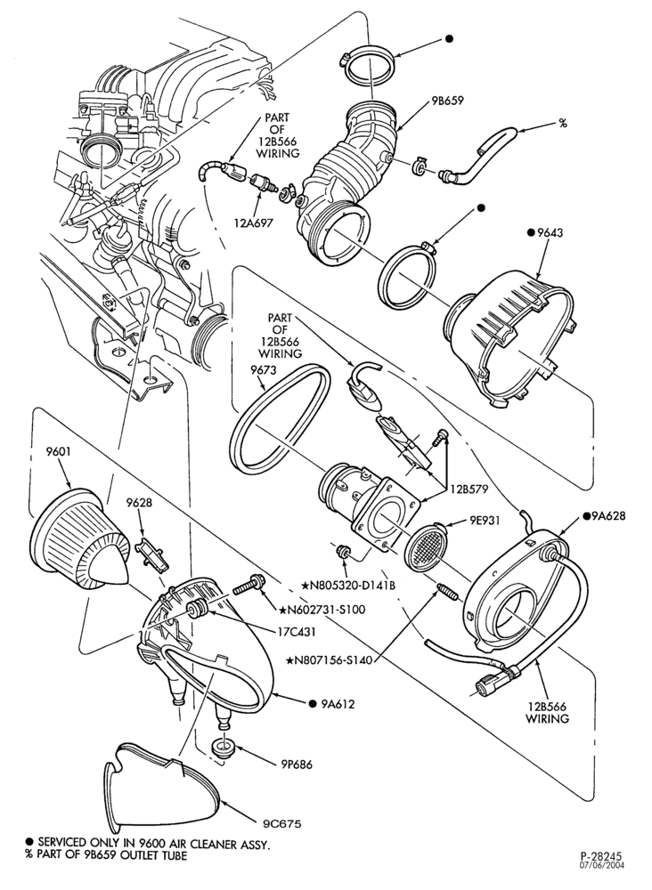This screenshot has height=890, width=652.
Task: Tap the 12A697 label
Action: pos(254,222)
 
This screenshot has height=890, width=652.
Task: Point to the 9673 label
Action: pos(261,370)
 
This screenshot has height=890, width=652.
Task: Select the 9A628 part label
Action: pos(607,516)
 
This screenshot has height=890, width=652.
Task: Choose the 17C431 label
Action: pos(297,631)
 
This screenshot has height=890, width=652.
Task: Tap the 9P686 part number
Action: pos(295,765)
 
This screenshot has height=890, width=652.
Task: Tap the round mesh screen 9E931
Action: pos(426,546)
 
